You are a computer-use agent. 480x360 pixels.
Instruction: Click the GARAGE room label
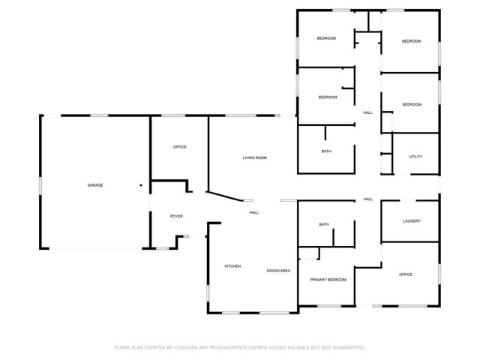[95, 185]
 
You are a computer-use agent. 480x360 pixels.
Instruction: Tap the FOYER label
[176, 216]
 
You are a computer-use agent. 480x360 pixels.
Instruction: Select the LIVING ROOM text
[254, 157]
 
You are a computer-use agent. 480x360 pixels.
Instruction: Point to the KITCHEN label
[232, 266]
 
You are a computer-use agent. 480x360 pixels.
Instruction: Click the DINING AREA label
[278, 270]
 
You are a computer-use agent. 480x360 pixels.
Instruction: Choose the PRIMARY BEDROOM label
[328, 280]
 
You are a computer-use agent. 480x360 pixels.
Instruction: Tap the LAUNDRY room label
[411, 221]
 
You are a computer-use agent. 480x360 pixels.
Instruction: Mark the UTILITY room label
[415, 157]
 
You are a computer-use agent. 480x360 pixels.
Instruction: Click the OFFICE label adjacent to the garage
[179, 147]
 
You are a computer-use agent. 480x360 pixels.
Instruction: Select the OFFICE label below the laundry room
[406, 274]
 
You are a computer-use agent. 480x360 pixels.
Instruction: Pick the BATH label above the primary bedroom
[324, 224]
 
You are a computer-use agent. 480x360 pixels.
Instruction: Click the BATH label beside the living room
[326, 151]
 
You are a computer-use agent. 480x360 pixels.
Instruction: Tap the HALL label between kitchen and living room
[254, 213]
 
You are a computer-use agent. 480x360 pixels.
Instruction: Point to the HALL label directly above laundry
[368, 199]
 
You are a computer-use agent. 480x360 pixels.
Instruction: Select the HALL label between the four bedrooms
[367, 112]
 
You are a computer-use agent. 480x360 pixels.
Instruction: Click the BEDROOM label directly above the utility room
[411, 105]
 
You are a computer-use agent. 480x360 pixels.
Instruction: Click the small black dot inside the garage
[140, 185]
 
